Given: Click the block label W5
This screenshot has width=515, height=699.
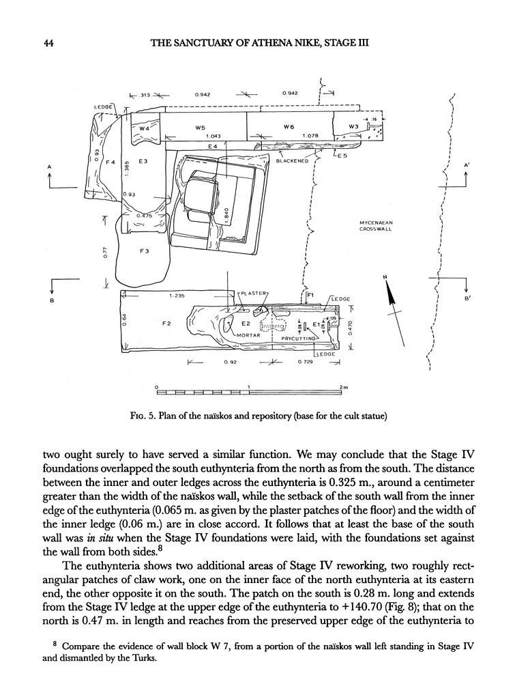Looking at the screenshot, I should click(x=200, y=127).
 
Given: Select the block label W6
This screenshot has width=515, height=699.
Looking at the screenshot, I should click(x=289, y=127).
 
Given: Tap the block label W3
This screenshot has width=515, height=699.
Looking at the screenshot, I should click(x=353, y=126).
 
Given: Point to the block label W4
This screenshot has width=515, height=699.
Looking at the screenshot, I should click(x=145, y=128).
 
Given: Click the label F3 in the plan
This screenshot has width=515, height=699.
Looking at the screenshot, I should click(x=145, y=251).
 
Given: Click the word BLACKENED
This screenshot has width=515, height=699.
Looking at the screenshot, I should click(x=294, y=161).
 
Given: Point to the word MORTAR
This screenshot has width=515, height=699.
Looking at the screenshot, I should click(x=247, y=336).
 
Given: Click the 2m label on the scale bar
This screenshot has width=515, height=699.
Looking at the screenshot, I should click(x=344, y=387).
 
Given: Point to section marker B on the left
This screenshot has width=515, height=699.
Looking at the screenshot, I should click(x=52, y=300).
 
